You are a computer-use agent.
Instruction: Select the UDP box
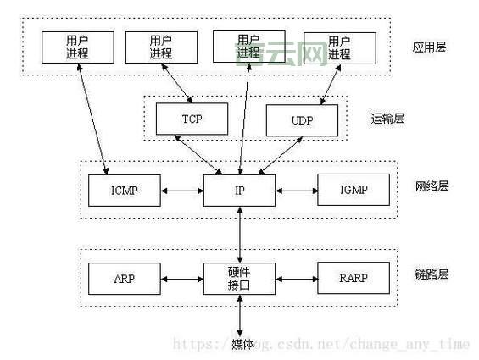(302, 120)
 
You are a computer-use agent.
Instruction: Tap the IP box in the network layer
(240, 191)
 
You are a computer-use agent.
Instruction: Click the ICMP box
(124, 191)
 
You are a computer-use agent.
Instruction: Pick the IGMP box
(354, 191)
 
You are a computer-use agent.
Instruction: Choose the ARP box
(124, 278)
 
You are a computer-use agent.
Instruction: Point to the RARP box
(354, 278)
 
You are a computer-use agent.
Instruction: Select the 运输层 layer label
(387, 118)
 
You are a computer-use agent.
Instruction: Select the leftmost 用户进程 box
(76, 47)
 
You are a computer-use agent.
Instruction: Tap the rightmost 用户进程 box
(338, 47)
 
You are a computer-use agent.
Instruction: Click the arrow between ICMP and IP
(181, 191)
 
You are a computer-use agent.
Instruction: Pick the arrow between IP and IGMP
(296, 191)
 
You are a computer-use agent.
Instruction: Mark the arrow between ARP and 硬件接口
(181, 278)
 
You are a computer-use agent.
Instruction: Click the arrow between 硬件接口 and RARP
(296, 278)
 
